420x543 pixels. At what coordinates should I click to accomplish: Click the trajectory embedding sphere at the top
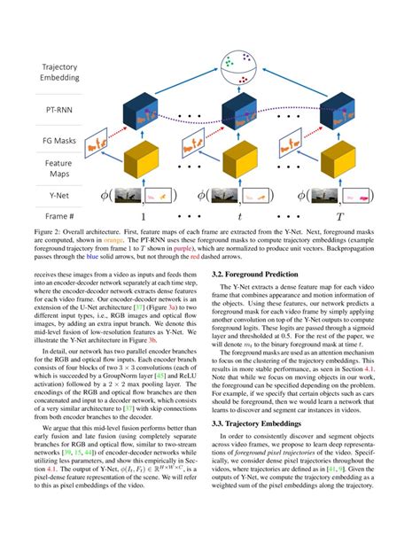[237, 67]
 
